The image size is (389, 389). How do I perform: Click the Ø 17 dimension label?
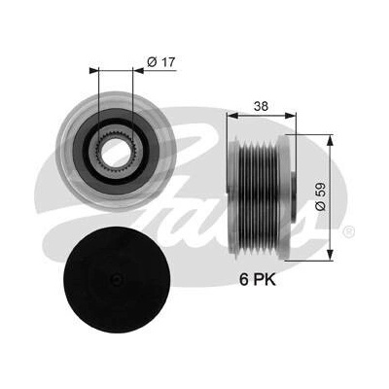click(160, 61)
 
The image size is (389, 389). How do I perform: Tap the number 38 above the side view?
click(261, 106)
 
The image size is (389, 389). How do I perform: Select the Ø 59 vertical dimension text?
click(321, 195)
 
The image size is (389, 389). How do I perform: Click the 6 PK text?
click(258, 280)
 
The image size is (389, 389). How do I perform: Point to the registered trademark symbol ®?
click(349, 231)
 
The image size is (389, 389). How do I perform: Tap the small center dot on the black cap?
click(117, 279)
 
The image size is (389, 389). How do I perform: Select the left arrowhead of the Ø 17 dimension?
click(93, 70)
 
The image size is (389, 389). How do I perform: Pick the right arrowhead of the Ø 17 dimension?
click(138, 70)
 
